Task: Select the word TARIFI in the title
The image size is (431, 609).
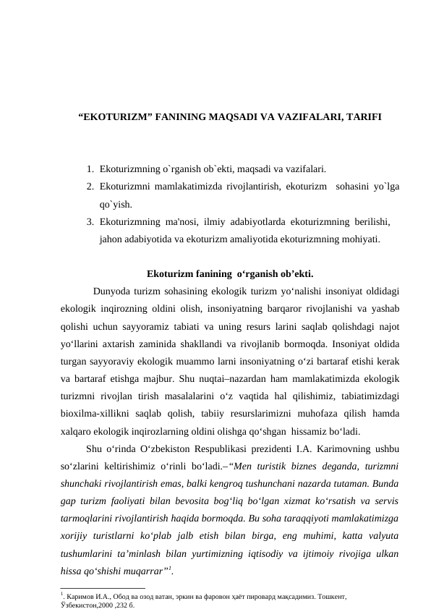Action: (x=360, y=116)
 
